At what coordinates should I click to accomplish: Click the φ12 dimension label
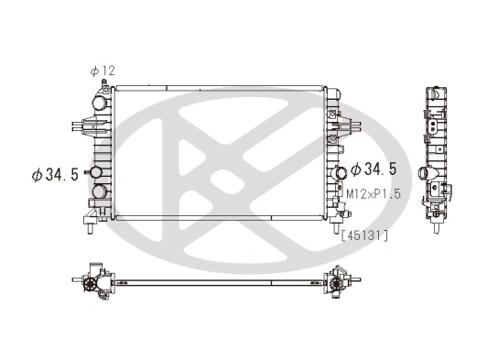tap(103, 71)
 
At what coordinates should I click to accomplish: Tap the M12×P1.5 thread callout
tap(373, 194)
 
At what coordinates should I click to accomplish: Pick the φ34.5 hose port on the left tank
tap(94, 174)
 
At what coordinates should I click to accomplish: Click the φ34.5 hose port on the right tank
tap(341, 171)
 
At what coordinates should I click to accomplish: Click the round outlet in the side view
tap(420, 173)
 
